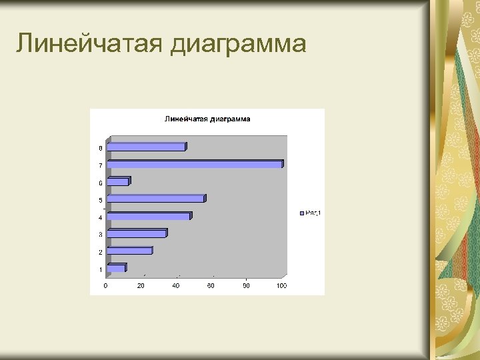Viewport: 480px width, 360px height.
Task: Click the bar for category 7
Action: (x=195, y=164)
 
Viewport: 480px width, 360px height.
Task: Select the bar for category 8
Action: (x=146, y=147)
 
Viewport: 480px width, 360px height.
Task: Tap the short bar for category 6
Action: (x=118, y=181)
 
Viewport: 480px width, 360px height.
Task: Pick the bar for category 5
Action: (x=156, y=199)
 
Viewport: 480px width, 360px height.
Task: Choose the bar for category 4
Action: (x=149, y=216)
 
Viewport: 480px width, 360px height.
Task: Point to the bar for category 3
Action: (x=137, y=233)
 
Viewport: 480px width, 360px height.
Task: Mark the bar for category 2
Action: (x=129, y=251)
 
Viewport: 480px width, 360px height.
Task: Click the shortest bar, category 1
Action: (x=116, y=268)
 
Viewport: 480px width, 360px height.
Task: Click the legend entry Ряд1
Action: (x=311, y=213)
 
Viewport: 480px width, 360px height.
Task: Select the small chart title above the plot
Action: (x=207, y=119)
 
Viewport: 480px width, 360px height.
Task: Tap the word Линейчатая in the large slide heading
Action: (x=89, y=44)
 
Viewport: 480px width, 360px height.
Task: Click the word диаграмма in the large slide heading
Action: (x=239, y=44)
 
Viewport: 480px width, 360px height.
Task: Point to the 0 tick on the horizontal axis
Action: (x=105, y=286)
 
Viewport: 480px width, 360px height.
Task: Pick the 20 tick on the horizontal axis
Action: (x=141, y=286)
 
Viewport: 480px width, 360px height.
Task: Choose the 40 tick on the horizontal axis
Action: (x=176, y=286)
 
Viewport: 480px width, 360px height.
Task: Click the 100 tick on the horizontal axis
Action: (x=281, y=286)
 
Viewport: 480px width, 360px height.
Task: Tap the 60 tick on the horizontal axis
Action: (x=211, y=286)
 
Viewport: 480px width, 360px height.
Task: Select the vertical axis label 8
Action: (x=101, y=148)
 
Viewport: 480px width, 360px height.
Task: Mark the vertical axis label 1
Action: (x=101, y=270)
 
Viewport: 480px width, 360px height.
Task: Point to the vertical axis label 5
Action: (x=101, y=200)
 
